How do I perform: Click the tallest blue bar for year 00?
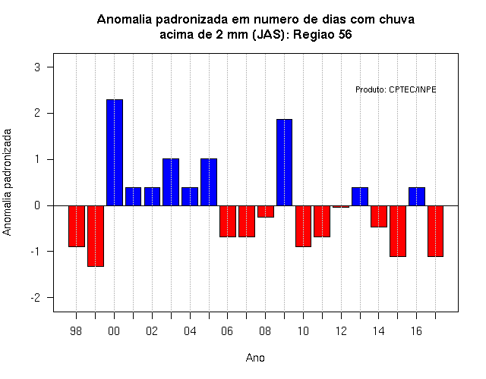tap(115, 152)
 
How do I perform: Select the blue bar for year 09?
tap(284, 162)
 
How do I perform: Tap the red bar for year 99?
tap(96, 236)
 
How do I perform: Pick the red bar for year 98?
tap(77, 226)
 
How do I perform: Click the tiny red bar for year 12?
tap(341, 206)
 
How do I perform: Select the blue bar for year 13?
tap(360, 196)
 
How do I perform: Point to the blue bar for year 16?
tap(417, 196)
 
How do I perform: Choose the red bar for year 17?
tap(435, 231)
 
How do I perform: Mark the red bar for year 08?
tap(266, 211)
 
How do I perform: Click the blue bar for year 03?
tap(171, 182)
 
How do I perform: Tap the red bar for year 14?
tap(379, 216)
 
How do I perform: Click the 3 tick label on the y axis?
tap(37, 67)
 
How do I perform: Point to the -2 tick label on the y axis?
tap(36, 298)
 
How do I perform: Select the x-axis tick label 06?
tap(227, 331)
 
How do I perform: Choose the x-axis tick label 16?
tap(416, 331)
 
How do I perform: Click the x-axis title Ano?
tap(255, 358)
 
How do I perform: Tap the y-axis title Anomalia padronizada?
tap(7, 182)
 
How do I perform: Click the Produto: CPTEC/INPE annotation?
tap(396, 89)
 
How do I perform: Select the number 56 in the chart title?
tap(345, 34)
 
